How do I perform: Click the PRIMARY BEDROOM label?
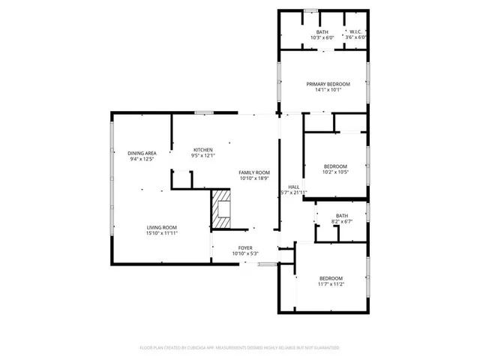[323, 84]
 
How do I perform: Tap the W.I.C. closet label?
[355, 32]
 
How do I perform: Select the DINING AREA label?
[141, 153]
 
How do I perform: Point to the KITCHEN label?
[202, 150]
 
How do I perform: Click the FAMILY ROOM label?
[253, 172]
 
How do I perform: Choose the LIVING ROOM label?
[161, 227]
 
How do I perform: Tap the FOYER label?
[245, 248]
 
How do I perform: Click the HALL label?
[294, 187]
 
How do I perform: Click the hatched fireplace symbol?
[220, 208]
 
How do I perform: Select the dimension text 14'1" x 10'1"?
[323, 90]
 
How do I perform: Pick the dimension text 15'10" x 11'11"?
[161, 233]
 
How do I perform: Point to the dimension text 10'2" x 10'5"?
[335, 172]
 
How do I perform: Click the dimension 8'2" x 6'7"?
[342, 221]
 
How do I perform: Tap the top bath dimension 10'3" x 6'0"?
[322, 37]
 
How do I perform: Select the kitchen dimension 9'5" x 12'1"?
[202, 156]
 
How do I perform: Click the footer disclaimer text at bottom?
[239, 348]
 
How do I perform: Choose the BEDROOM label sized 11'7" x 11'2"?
[330, 279]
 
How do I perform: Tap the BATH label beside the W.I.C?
[322, 32]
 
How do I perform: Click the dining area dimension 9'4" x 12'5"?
[141, 159]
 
